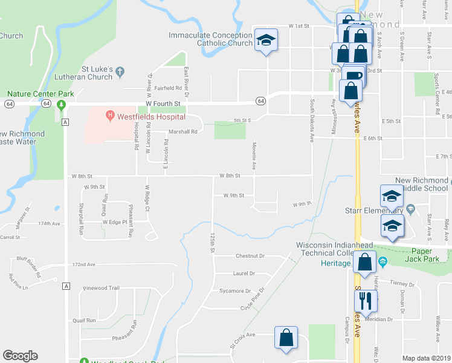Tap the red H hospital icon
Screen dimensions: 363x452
point(110,114)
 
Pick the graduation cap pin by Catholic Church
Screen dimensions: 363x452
point(266,41)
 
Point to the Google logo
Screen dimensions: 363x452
point(20,356)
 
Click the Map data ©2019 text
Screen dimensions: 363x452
point(427,358)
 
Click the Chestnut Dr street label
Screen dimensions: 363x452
point(251,256)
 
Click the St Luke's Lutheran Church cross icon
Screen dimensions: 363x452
point(120,71)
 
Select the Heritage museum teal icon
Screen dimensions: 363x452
point(382,263)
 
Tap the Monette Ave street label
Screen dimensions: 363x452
point(254,156)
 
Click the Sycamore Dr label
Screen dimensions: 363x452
point(235,291)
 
